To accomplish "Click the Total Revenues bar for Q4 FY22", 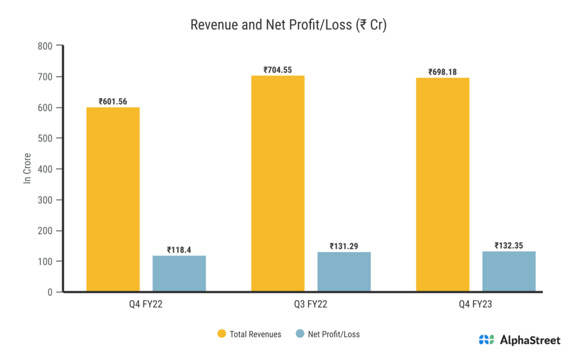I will tap(112, 200).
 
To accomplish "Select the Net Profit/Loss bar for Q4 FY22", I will tap(179, 274).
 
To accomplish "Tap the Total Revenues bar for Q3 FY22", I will tap(278, 184).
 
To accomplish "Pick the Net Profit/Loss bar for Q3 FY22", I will tap(344, 272).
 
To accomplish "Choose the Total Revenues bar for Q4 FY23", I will tap(443, 184).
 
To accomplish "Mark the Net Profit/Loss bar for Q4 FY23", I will tap(508, 272).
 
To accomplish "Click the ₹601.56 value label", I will tap(112, 102).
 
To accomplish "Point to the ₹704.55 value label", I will tap(278, 70).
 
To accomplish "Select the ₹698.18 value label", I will tap(443, 72).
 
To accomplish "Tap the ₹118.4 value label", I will tap(179, 250).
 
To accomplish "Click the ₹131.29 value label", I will tap(344, 246).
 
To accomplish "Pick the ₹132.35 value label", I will tap(508, 245).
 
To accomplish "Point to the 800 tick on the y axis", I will tap(46, 46).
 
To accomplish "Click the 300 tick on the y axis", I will tap(46, 200).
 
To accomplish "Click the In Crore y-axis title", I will tap(26, 168).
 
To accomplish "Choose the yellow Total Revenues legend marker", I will tap(222, 334).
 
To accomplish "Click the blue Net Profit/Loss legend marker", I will tap(300, 334).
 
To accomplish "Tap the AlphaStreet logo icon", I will tap(487, 340).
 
